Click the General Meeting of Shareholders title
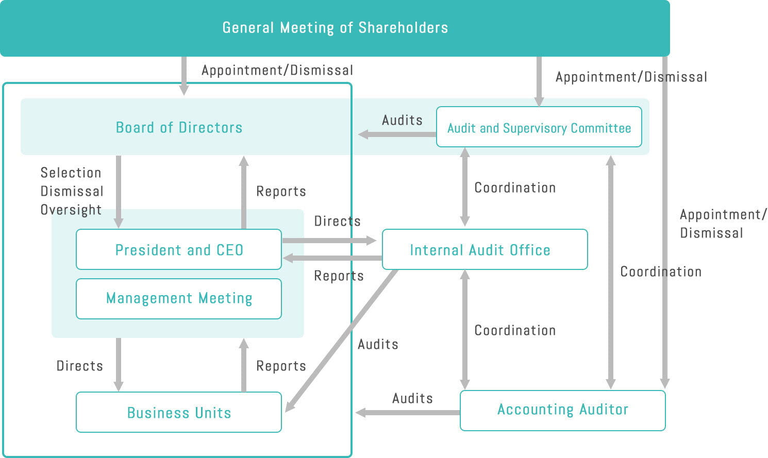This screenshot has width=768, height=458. (335, 28)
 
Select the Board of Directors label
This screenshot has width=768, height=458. (179, 128)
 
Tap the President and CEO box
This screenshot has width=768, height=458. (179, 249)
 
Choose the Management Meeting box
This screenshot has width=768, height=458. (179, 299)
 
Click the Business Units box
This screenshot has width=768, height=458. (179, 412)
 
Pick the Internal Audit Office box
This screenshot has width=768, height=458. (485, 249)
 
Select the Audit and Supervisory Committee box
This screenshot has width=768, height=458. (539, 127)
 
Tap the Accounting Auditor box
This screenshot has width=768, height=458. (563, 411)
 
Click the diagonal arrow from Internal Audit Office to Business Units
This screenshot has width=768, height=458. (341, 341)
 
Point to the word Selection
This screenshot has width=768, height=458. (71, 173)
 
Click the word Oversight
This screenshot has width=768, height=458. (71, 210)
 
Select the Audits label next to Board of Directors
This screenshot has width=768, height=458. (402, 121)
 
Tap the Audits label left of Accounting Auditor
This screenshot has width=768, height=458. (412, 398)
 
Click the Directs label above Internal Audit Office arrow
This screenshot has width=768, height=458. (338, 221)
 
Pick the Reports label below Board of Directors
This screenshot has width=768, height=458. (281, 191)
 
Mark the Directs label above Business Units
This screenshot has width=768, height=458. (79, 366)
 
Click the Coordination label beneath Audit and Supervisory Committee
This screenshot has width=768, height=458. (515, 188)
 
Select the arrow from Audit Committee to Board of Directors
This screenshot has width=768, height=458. (397, 134)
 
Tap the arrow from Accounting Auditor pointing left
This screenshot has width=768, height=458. (408, 412)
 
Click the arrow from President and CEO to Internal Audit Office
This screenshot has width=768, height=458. (329, 241)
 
